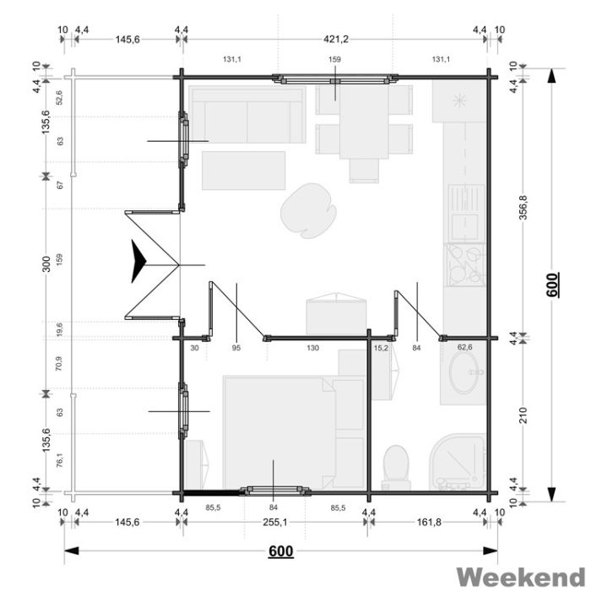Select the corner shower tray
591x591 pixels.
point(458,462)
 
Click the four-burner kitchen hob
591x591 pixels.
point(464,264)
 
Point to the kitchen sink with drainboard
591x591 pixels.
point(466,212)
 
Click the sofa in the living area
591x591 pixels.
point(247,115)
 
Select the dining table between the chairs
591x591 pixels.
point(364,121)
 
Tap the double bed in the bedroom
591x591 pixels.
point(279,432)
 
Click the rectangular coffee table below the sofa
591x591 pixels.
point(243,171)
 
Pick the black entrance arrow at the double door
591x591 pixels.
point(138,261)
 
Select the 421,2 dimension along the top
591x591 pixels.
point(336,39)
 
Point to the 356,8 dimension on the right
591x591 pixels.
point(524,208)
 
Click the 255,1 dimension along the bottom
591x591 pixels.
point(274,522)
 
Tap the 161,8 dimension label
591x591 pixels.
point(429,522)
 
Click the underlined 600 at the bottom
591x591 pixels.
point(281,551)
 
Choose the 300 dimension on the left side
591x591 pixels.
point(46,263)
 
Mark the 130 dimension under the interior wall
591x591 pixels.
point(313,348)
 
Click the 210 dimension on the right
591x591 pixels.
point(524,415)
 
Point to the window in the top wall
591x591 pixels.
point(335,79)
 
